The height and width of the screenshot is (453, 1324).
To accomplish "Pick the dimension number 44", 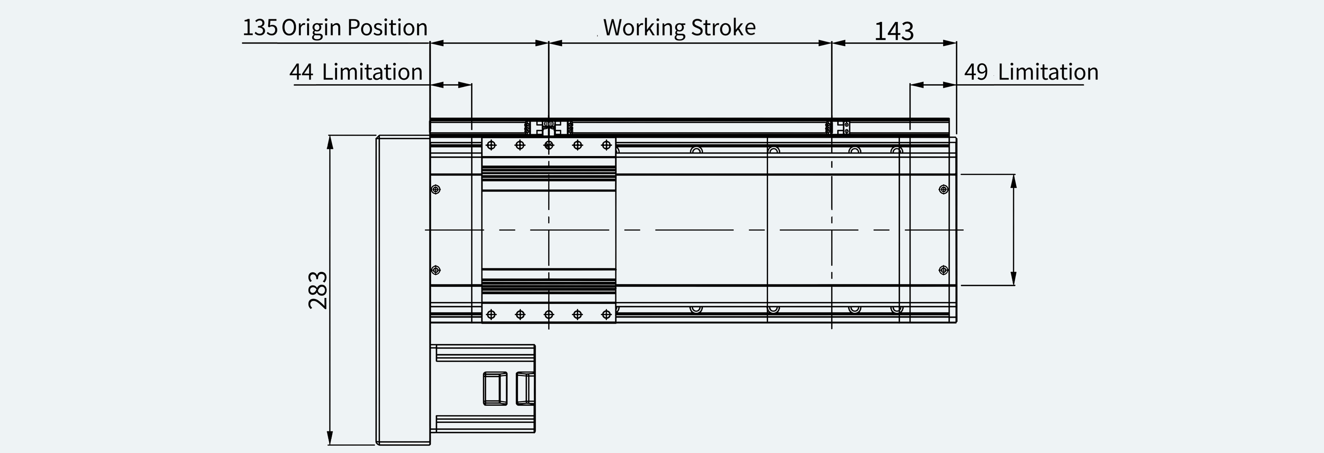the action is [301, 72].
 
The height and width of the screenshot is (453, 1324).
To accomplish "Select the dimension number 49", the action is [976, 72].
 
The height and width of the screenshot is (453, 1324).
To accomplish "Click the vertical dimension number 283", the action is [318, 290].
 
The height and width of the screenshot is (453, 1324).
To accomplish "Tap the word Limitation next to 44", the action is [372, 72].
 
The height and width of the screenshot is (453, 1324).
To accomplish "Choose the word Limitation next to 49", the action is [1048, 72].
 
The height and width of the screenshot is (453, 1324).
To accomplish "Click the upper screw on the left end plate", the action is [436, 190].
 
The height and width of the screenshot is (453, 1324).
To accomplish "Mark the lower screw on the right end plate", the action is [943, 270].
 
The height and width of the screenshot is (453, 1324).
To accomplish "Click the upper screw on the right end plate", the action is [943, 190].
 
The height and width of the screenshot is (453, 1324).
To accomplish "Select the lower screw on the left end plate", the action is [436, 270].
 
